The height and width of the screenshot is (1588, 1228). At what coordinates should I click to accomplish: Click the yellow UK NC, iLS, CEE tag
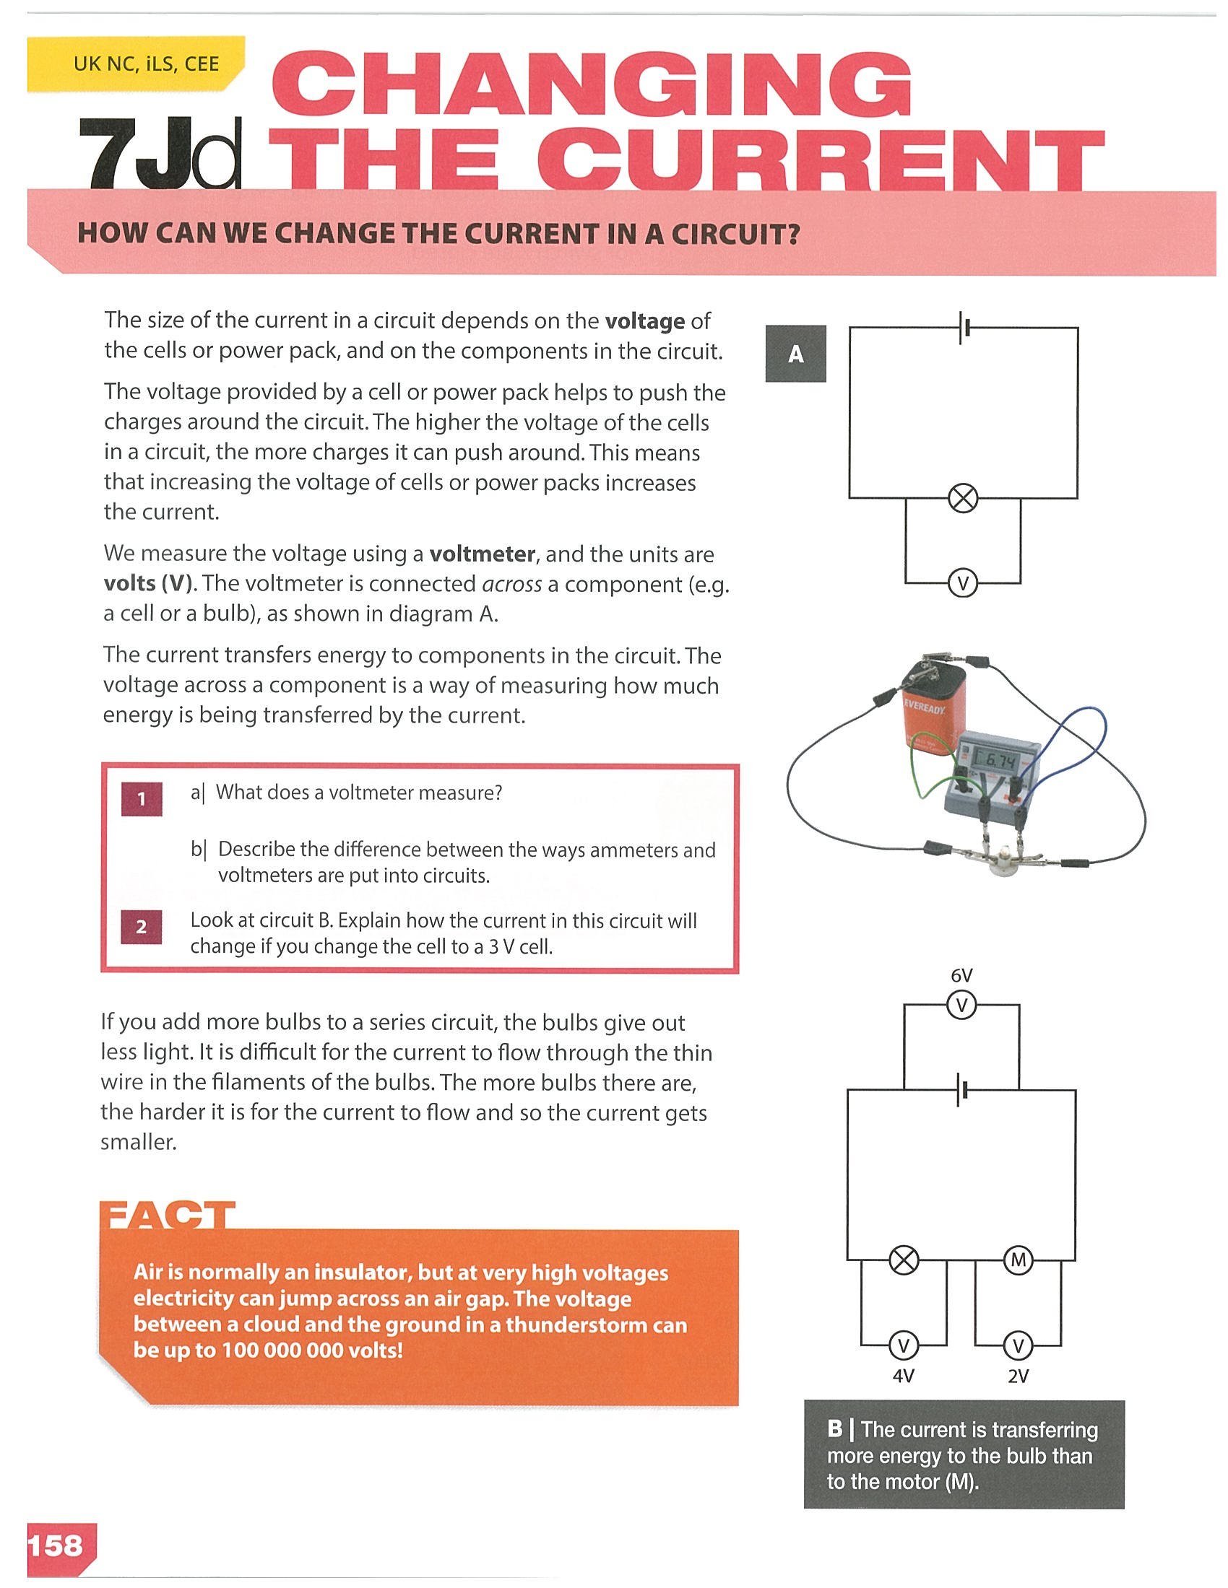[x=136, y=64]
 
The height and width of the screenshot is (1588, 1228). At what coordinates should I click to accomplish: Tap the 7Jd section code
[x=160, y=153]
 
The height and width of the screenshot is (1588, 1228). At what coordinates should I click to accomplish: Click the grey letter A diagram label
[x=796, y=354]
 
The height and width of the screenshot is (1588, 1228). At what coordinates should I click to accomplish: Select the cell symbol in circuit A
[x=963, y=328]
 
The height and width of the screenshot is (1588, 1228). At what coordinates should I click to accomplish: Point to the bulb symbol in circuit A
[x=963, y=499]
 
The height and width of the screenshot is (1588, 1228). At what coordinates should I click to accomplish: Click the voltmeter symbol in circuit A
[x=963, y=583]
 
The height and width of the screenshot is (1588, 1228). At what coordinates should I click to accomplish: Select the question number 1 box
[x=142, y=798]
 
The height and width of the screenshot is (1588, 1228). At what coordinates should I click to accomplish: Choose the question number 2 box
[x=142, y=926]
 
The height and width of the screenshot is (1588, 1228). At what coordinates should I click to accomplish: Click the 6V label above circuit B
[x=961, y=976]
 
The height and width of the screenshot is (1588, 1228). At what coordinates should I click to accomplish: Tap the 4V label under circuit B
[x=903, y=1376]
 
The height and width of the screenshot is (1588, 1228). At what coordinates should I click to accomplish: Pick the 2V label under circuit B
[x=1018, y=1376]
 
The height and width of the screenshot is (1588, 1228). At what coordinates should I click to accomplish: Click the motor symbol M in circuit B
[x=1018, y=1260]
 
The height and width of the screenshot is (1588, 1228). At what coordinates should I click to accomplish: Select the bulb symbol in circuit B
[x=904, y=1260]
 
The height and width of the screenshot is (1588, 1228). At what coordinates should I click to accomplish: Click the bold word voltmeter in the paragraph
[x=483, y=554]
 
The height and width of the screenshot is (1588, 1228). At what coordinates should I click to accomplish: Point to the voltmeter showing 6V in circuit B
[x=961, y=1005]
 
